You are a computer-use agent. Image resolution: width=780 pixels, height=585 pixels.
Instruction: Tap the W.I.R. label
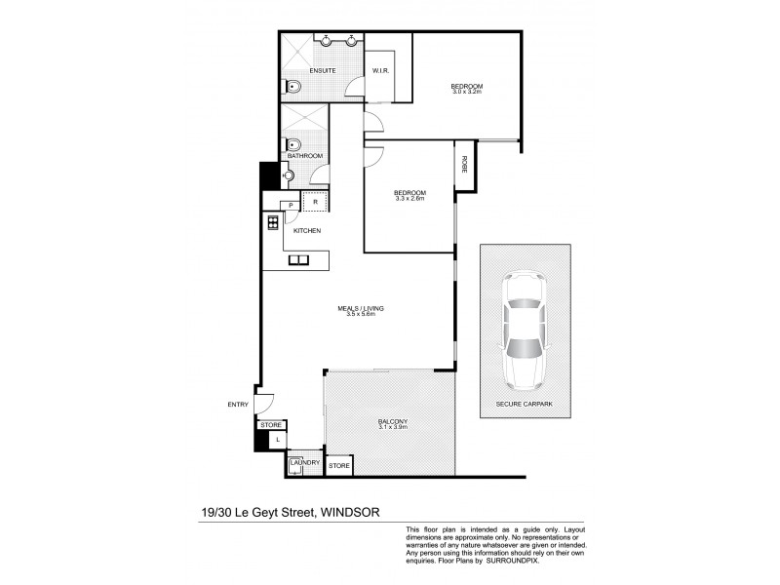[381, 71]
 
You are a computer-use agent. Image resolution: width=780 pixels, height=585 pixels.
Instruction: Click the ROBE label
[465, 164]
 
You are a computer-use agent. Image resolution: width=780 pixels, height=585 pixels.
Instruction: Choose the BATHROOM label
[305, 156]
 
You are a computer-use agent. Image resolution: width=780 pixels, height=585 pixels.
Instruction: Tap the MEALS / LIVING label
[361, 308]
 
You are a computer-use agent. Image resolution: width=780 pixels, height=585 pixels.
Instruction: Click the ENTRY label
[238, 404]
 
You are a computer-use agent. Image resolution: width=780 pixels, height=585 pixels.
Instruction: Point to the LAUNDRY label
[304, 462]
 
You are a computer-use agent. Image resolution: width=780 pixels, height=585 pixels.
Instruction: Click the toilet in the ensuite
[291, 88]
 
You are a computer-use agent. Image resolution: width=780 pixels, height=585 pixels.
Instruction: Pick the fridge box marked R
[316, 202]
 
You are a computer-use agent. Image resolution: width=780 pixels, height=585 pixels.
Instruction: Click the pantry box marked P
[290, 205]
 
